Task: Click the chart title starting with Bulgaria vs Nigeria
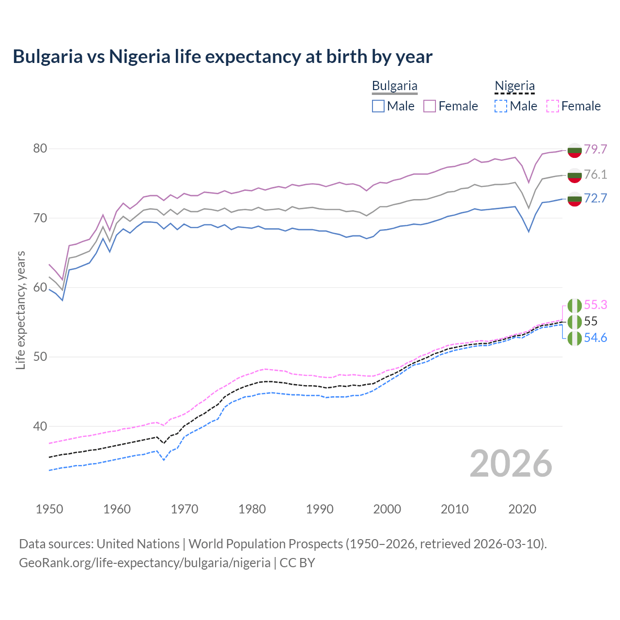[x=222, y=57]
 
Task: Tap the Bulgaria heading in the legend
[x=394, y=86]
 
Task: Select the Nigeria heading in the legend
[x=514, y=86]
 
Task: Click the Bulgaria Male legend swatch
[x=378, y=106]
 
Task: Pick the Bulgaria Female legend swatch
[x=430, y=106]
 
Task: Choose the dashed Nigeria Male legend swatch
[x=501, y=106]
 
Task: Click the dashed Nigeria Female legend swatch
[x=553, y=106]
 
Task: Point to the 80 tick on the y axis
[x=40, y=149]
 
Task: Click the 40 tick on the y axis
[x=40, y=427]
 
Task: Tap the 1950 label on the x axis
[x=49, y=509]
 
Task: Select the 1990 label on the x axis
[x=320, y=509]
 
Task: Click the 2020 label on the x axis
[x=522, y=509]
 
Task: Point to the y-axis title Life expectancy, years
[x=20, y=310]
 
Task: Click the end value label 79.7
[x=595, y=149]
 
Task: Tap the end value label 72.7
[x=595, y=198]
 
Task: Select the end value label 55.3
[x=595, y=305]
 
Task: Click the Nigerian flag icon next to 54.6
[x=574, y=338]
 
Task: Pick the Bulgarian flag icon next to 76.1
[x=574, y=175]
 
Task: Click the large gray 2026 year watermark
[x=511, y=464]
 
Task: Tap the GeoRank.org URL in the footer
[x=144, y=563]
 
